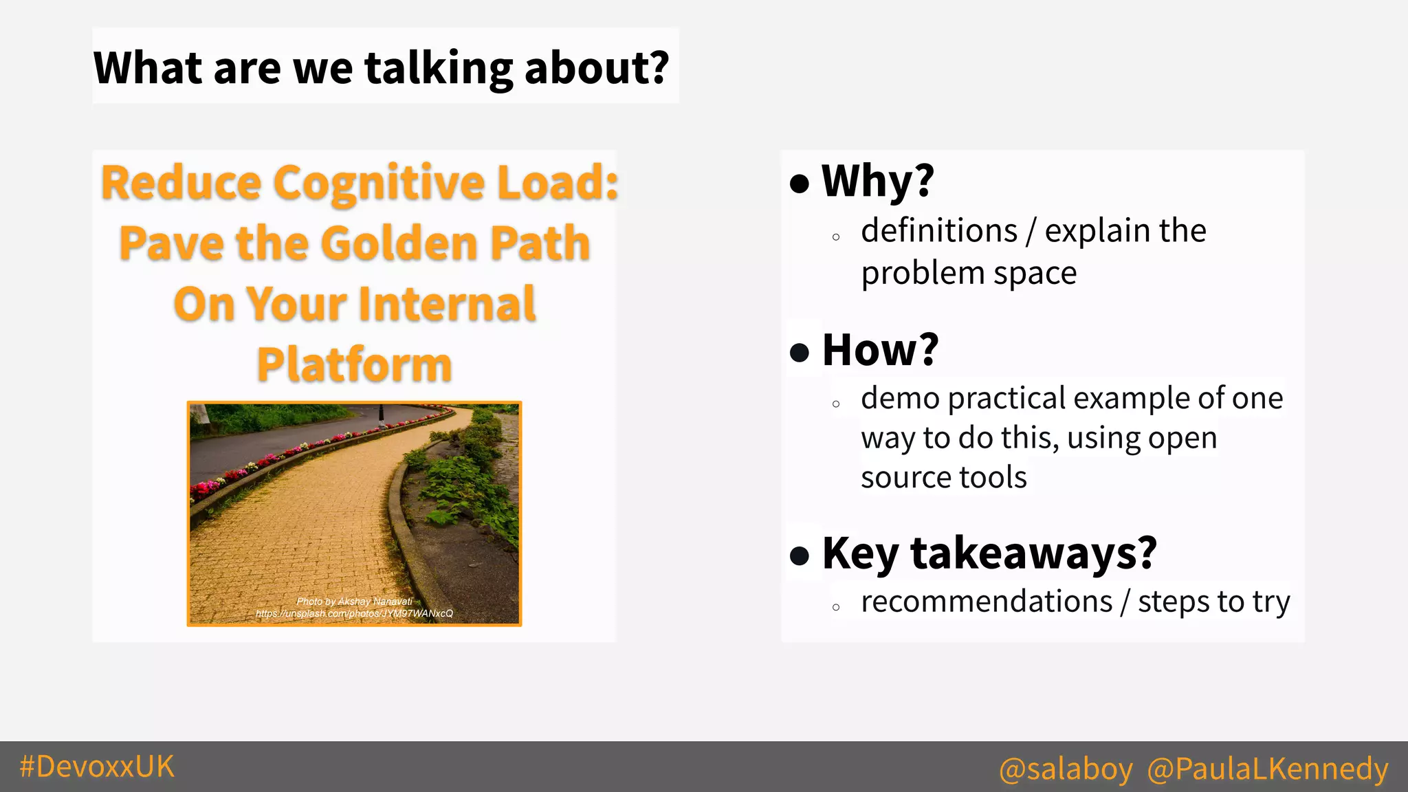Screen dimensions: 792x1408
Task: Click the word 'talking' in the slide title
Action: click(438, 68)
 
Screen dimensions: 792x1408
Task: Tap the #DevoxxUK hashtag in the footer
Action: click(97, 766)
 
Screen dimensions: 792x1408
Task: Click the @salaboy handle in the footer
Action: click(1065, 768)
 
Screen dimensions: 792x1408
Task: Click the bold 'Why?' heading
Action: click(878, 181)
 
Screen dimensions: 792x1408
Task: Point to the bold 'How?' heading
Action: click(880, 349)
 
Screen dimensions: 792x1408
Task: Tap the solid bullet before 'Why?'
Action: click(800, 184)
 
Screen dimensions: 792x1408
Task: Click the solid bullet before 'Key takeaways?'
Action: click(800, 555)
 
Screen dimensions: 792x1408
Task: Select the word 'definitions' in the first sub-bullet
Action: click(938, 230)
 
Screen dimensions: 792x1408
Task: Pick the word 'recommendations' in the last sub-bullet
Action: click(986, 602)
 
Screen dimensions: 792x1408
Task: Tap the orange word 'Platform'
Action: click(354, 364)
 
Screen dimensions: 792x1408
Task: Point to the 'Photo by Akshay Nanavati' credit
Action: click(354, 601)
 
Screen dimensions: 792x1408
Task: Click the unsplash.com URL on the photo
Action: click(354, 613)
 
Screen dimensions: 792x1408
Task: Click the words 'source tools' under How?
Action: click(943, 477)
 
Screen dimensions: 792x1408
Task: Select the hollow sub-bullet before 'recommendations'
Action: click(836, 607)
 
